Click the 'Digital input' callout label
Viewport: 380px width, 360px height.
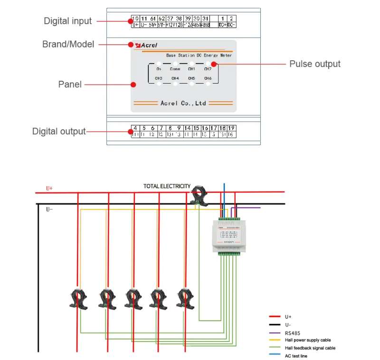67,21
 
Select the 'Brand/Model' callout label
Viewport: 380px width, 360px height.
68,44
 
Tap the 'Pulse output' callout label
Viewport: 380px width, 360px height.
315,64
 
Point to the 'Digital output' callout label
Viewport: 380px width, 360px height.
59,131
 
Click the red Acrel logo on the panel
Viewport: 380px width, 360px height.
147,46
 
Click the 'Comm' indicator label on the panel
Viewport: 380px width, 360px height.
175,69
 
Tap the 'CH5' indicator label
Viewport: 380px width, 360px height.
191,78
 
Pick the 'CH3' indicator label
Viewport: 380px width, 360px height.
159,78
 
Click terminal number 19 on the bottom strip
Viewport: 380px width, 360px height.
231,128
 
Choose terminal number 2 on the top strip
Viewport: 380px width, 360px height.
231,18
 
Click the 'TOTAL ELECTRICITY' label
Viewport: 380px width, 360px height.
167,186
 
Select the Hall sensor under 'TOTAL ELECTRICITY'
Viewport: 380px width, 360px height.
199,196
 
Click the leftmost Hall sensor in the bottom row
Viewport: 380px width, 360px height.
78,298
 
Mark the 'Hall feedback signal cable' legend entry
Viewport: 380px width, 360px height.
310,348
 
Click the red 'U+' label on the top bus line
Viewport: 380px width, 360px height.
49,189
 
